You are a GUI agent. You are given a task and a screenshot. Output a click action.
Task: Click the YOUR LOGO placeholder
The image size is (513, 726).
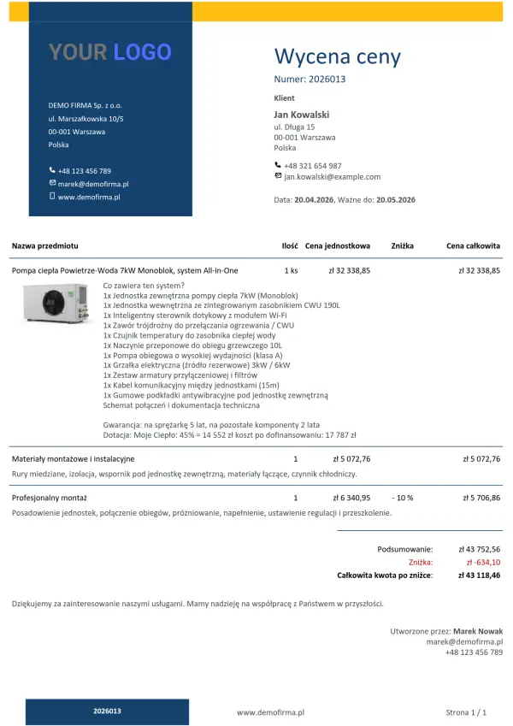coord(110,52)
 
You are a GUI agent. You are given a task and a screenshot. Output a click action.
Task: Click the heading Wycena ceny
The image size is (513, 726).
coord(337,57)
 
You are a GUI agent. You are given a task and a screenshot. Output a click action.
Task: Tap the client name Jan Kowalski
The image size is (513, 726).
coord(301,115)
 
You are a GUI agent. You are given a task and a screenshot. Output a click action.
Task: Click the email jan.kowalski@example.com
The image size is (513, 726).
coord(332,177)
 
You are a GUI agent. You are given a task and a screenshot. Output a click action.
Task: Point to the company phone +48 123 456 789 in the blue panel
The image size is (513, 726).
coord(84,171)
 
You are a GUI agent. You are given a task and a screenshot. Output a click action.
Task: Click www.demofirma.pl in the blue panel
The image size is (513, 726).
coord(89,197)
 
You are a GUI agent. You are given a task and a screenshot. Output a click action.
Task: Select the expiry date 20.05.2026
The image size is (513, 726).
coord(396,199)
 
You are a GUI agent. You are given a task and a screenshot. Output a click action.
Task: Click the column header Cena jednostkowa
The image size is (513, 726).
coord(338,246)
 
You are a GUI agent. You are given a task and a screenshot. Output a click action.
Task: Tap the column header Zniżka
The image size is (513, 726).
coord(402,246)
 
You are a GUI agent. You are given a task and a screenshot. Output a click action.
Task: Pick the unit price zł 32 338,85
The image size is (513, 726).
coord(350,270)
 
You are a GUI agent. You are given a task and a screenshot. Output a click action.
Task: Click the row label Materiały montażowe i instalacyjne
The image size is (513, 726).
coord(67,459)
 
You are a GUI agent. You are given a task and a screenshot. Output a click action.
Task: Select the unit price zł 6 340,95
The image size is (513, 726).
coord(351,497)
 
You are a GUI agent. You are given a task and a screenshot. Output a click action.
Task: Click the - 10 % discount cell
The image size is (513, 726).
coord(402,497)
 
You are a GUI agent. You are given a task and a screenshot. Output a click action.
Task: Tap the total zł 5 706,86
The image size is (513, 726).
coord(481,497)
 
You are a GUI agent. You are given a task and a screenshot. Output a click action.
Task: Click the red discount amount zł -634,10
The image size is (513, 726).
coord(483,563)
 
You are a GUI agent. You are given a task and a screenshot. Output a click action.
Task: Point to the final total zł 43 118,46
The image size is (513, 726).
coord(480,575)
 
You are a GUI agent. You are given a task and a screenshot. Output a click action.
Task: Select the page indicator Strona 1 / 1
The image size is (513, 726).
coord(466,711)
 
